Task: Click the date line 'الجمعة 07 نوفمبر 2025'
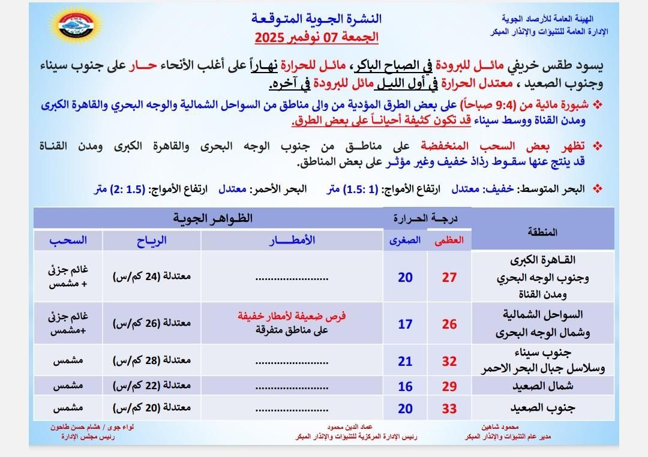click(317, 37)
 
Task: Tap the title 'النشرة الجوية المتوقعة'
click(316, 19)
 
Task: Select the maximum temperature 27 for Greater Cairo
click(449, 277)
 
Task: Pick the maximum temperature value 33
click(449, 409)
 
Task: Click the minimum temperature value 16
click(406, 387)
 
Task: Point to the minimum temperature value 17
click(406, 324)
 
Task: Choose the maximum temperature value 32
click(449, 362)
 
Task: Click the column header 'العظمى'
click(449, 240)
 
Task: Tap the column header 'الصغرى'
click(405, 240)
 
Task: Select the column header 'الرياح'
click(151, 240)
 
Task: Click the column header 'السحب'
click(68, 240)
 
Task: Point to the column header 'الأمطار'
click(292, 240)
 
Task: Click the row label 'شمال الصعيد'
click(544, 387)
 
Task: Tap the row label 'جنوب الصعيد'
click(544, 408)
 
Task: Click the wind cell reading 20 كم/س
click(151, 408)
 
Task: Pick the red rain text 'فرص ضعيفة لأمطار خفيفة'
click(292, 316)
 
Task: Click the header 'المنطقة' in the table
click(543, 232)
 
